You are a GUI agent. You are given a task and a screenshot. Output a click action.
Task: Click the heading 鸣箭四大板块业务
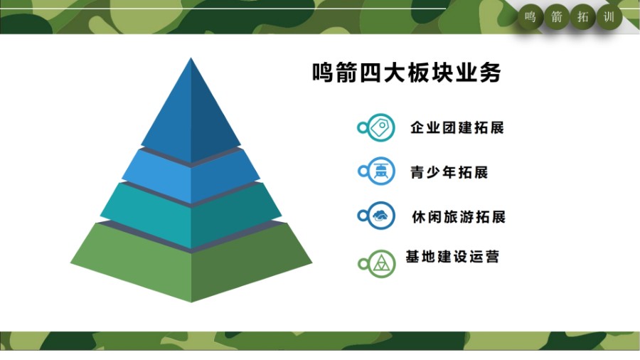pyautogui.click(x=407, y=73)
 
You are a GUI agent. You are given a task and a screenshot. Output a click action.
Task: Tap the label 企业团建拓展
pyautogui.click(x=457, y=128)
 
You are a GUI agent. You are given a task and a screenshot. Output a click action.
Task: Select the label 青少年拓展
pyautogui.click(x=449, y=172)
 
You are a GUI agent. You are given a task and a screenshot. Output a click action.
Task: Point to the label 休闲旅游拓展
pyautogui.click(x=459, y=217)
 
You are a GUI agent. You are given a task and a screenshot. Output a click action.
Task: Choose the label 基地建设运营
pyautogui.click(x=452, y=257)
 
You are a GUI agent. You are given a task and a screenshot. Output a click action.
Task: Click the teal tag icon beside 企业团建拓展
pyautogui.click(x=381, y=127)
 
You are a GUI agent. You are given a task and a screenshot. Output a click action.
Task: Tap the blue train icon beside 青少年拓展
pyautogui.click(x=381, y=171)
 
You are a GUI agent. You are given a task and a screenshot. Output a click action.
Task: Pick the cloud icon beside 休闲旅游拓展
pyautogui.click(x=381, y=216)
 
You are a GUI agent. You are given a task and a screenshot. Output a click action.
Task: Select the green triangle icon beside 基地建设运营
pyautogui.click(x=382, y=264)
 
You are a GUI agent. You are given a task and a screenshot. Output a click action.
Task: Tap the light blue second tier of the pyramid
pyautogui.click(x=191, y=176)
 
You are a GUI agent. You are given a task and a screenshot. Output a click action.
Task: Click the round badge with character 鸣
pyautogui.click(x=530, y=17)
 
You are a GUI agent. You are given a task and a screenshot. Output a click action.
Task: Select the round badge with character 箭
pyautogui.click(x=557, y=17)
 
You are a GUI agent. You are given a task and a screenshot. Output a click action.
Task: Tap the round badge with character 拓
pyautogui.click(x=583, y=17)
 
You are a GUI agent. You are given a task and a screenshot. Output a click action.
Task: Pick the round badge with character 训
pyautogui.click(x=609, y=17)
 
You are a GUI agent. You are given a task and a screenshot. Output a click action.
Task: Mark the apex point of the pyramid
pyautogui.click(x=191, y=58)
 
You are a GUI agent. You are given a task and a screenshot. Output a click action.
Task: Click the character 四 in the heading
pyautogui.click(x=370, y=73)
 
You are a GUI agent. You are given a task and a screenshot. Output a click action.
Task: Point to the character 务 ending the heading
pyautogui.click(x=490, y=73)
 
